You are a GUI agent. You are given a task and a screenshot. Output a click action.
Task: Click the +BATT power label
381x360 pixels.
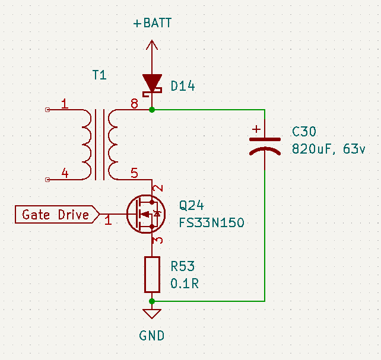click(x=152, y=23)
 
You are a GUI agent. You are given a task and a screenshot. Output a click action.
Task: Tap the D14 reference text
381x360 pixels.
click(x=182, y=87)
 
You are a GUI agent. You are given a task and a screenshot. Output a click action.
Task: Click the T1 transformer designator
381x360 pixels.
click(x=100, y=75)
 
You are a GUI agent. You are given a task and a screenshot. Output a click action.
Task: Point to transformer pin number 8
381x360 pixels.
click(x=134, y=104)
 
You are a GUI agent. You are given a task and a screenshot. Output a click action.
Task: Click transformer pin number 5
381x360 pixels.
click(x=134, y=174)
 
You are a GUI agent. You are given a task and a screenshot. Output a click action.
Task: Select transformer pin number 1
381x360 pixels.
click(x=65, y=104)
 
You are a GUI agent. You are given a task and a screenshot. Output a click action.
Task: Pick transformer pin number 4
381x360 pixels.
click(x=65, y=174)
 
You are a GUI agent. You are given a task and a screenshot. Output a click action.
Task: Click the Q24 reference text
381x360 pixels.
click(x=191, y=206)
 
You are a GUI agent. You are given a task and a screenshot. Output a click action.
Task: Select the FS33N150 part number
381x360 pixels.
click(x=212, y=223)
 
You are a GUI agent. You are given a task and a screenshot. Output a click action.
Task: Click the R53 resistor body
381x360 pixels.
click(x=153, y=274)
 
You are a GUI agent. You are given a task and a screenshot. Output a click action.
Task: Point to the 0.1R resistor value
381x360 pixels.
click(x=184, y=283)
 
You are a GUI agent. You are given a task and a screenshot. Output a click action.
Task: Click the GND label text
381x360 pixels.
click(x=152, y=336)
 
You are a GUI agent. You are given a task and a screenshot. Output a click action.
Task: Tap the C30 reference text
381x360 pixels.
click(x=304, y=132)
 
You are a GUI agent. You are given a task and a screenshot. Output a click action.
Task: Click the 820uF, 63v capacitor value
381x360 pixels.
click(x=329, y=149)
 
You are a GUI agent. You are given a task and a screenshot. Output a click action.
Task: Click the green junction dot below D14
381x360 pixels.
click(x=153, y=110)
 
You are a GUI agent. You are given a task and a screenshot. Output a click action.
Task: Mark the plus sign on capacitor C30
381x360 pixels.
click(x=256, y=128)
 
